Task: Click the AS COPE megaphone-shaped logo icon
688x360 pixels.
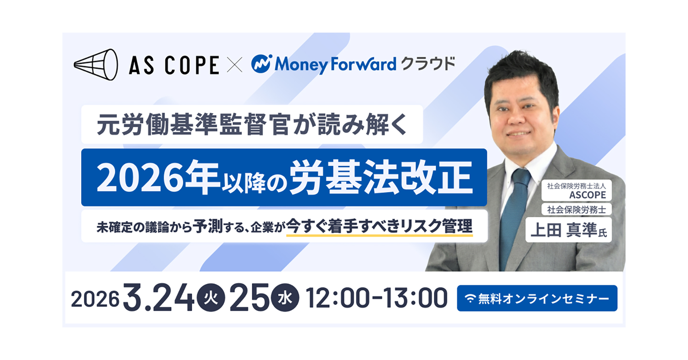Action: tap(96, 65)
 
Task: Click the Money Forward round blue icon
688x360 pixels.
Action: tap(262, 65)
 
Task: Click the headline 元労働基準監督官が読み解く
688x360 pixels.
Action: tap(252, 125)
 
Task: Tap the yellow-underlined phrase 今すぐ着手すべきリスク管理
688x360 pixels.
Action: tap(379, 227)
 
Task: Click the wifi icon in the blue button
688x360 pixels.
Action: tap(470, 299)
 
